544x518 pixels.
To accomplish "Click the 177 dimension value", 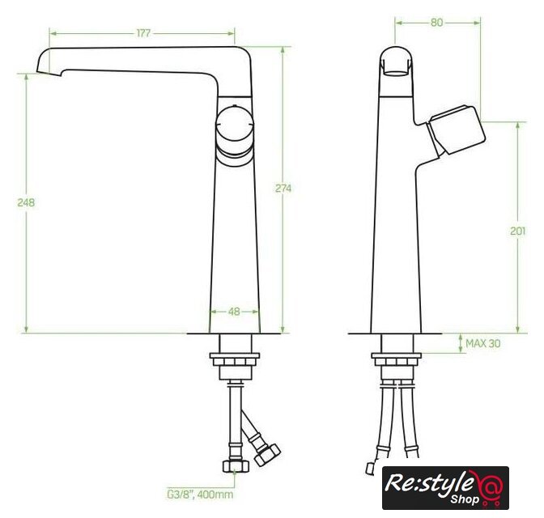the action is point(143,33).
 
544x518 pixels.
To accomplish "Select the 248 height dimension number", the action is point(26,202).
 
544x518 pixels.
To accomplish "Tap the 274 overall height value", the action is point(283,189).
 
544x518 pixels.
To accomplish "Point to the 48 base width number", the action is point(234,312).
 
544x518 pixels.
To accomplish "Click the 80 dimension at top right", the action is point(437,23).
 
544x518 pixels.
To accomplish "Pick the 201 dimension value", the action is point(517,231).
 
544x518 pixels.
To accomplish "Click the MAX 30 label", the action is point(483,343).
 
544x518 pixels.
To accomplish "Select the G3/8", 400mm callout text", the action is point(200,494).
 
